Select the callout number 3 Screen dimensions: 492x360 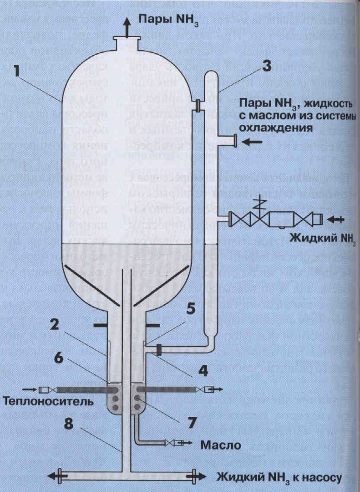(267, 65)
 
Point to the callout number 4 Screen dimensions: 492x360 (203, 371)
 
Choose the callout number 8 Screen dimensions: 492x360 (68, 425)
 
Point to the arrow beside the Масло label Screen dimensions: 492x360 (184, 442)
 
